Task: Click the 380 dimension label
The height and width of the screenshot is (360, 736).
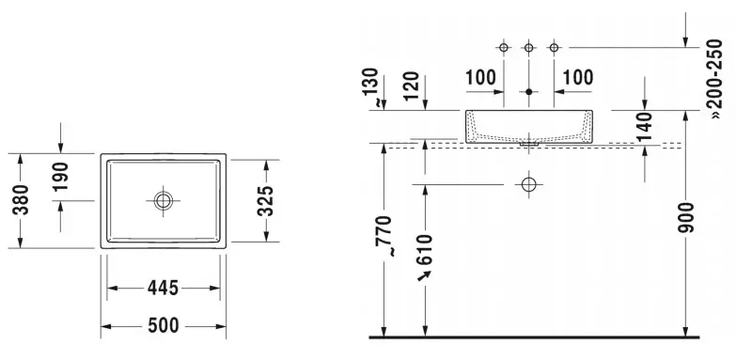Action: pyautogui.click(x=21, y=200)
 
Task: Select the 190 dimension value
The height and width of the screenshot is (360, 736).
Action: pyautogui.click(x=60, y=177)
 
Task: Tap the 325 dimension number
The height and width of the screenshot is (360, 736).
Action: pyautogui.click(x=265, y=201)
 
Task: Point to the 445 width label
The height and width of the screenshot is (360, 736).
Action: pyautogui.click(x=164, y=288)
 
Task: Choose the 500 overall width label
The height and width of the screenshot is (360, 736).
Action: pyautogui.click(x=164, y=325)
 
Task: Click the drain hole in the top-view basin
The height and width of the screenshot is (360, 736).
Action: pyautogui.click(x=163, y=201)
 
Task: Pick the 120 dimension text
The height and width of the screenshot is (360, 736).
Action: pyautogui.click(x=411, y=86)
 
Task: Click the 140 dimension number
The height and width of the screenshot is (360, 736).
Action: pyautogui.click(x=645, y=127)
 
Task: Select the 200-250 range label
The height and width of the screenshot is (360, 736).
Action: pyautogui.click(x=714, y=79)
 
